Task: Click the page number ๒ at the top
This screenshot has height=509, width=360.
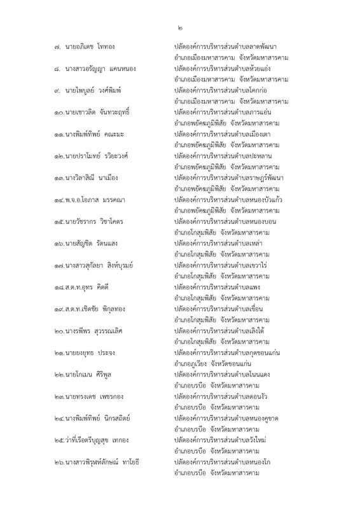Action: tap(179, 28)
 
